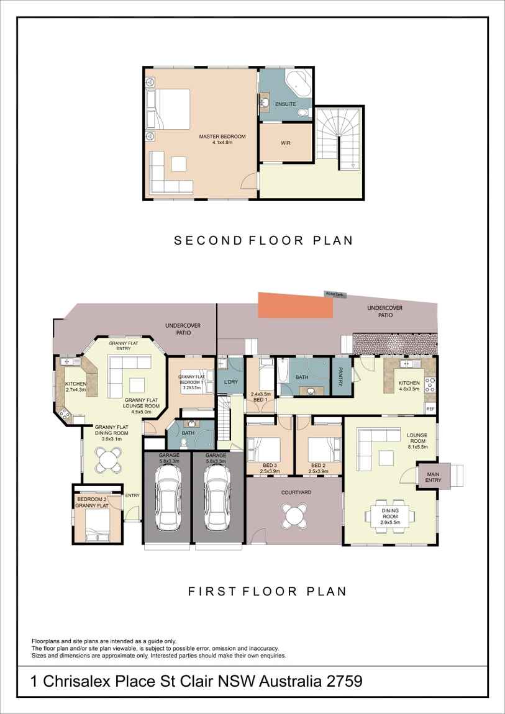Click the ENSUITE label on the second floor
click(x=285, y=104)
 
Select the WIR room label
click(x=286, y=143)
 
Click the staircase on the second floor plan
click(x=339, y=137)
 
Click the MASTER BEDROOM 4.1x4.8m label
click(x=222, y=140)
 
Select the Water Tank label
click(x=334, y=295)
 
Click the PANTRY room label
click(x=341, y=376)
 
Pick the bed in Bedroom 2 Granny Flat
click(x=96, y=525)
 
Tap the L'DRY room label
click(x=230, y=382)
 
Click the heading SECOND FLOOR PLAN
click(x=263, y=240)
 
